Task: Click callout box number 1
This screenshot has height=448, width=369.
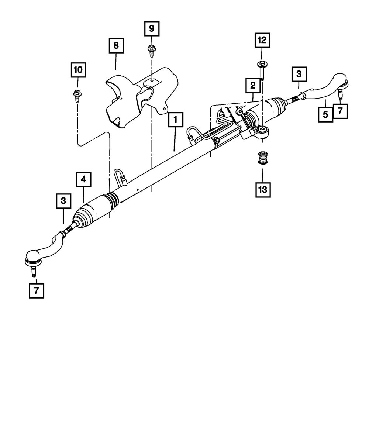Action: point(176,120)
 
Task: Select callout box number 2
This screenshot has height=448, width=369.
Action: point(253,85)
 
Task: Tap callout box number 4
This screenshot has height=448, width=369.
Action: point(84,179)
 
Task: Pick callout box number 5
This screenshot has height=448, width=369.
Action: point(325,114)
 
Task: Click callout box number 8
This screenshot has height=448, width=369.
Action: point(116,46)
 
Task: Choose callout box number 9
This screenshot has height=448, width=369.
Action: point(152,28)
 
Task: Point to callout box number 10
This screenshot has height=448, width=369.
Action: point(78,70)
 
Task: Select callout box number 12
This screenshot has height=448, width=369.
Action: point(262,40)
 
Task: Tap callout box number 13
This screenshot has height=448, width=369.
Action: point(263,190)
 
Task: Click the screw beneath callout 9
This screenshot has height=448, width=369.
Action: point(152,51)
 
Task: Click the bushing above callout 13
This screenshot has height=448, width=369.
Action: point(262,158)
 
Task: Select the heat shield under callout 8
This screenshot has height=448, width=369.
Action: point(142,98)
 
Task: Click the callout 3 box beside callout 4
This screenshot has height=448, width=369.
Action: point(63,201)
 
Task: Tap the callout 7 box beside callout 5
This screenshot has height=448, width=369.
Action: point(341,111)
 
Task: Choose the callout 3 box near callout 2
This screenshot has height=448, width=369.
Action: point(299,74)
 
